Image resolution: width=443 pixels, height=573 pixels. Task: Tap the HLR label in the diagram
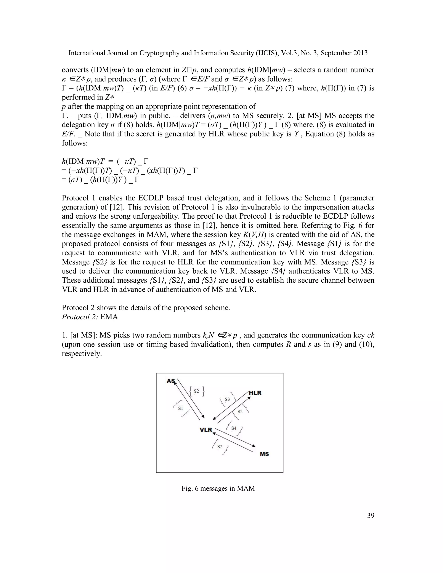coord(255,393)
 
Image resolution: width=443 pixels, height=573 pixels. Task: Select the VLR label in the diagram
coord(205,430)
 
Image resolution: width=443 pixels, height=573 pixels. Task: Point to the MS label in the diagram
coord(264,454)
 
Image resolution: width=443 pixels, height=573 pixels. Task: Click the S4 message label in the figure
coord(234,428)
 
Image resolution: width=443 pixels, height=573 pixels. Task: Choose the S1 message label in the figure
coord(181,408)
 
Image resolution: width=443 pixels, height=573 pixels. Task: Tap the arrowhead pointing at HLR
coord(249,398)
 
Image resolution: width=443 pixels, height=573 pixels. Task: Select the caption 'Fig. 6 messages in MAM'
coord(218,488)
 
